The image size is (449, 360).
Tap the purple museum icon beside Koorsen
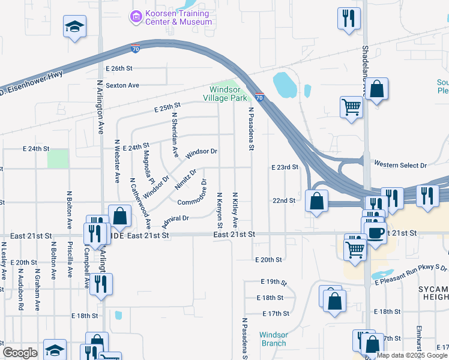pyautogui.click(x=136, y=17)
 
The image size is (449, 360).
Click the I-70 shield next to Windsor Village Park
pyautogui.click(x=259, y=96)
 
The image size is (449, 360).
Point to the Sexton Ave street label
pyautogui.click(x=122, y=85)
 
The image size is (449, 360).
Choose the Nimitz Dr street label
pyautogui.click(x=185, y=179)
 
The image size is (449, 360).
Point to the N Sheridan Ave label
pyautogui.click(x=175, y=134)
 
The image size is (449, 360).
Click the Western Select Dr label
pyautogui.click(x=400, y=164)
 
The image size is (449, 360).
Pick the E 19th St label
pyautogui.click(x=274, y=281)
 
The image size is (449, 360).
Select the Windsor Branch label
pyautogui.click(x=273, y=339)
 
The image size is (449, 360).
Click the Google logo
pyautogui.click(x=20, y=353)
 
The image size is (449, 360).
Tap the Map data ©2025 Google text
pyautogui.click(x=412, y=355)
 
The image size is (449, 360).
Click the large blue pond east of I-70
pyautogui.click(x=285, y=85)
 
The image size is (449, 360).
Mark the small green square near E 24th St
pyautogui.click(x=58, y=158)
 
